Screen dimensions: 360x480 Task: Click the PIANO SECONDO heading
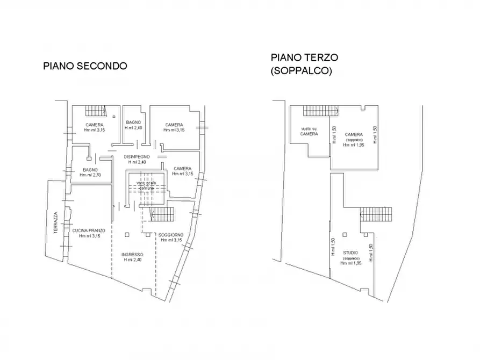85,66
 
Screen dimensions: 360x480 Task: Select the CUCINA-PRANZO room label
90,230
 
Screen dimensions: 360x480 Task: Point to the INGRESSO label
132,254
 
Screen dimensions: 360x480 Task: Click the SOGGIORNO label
171,235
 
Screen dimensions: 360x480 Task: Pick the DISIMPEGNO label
135,156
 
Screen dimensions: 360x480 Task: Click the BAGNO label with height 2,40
133,123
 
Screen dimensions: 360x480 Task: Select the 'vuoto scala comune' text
147,185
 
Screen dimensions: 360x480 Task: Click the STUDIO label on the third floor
350,253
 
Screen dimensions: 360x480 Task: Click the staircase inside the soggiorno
163,215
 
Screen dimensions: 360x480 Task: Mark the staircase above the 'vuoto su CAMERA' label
320,111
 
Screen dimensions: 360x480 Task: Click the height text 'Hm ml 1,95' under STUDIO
350,263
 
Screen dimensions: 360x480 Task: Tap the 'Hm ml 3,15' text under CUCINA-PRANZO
90,236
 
